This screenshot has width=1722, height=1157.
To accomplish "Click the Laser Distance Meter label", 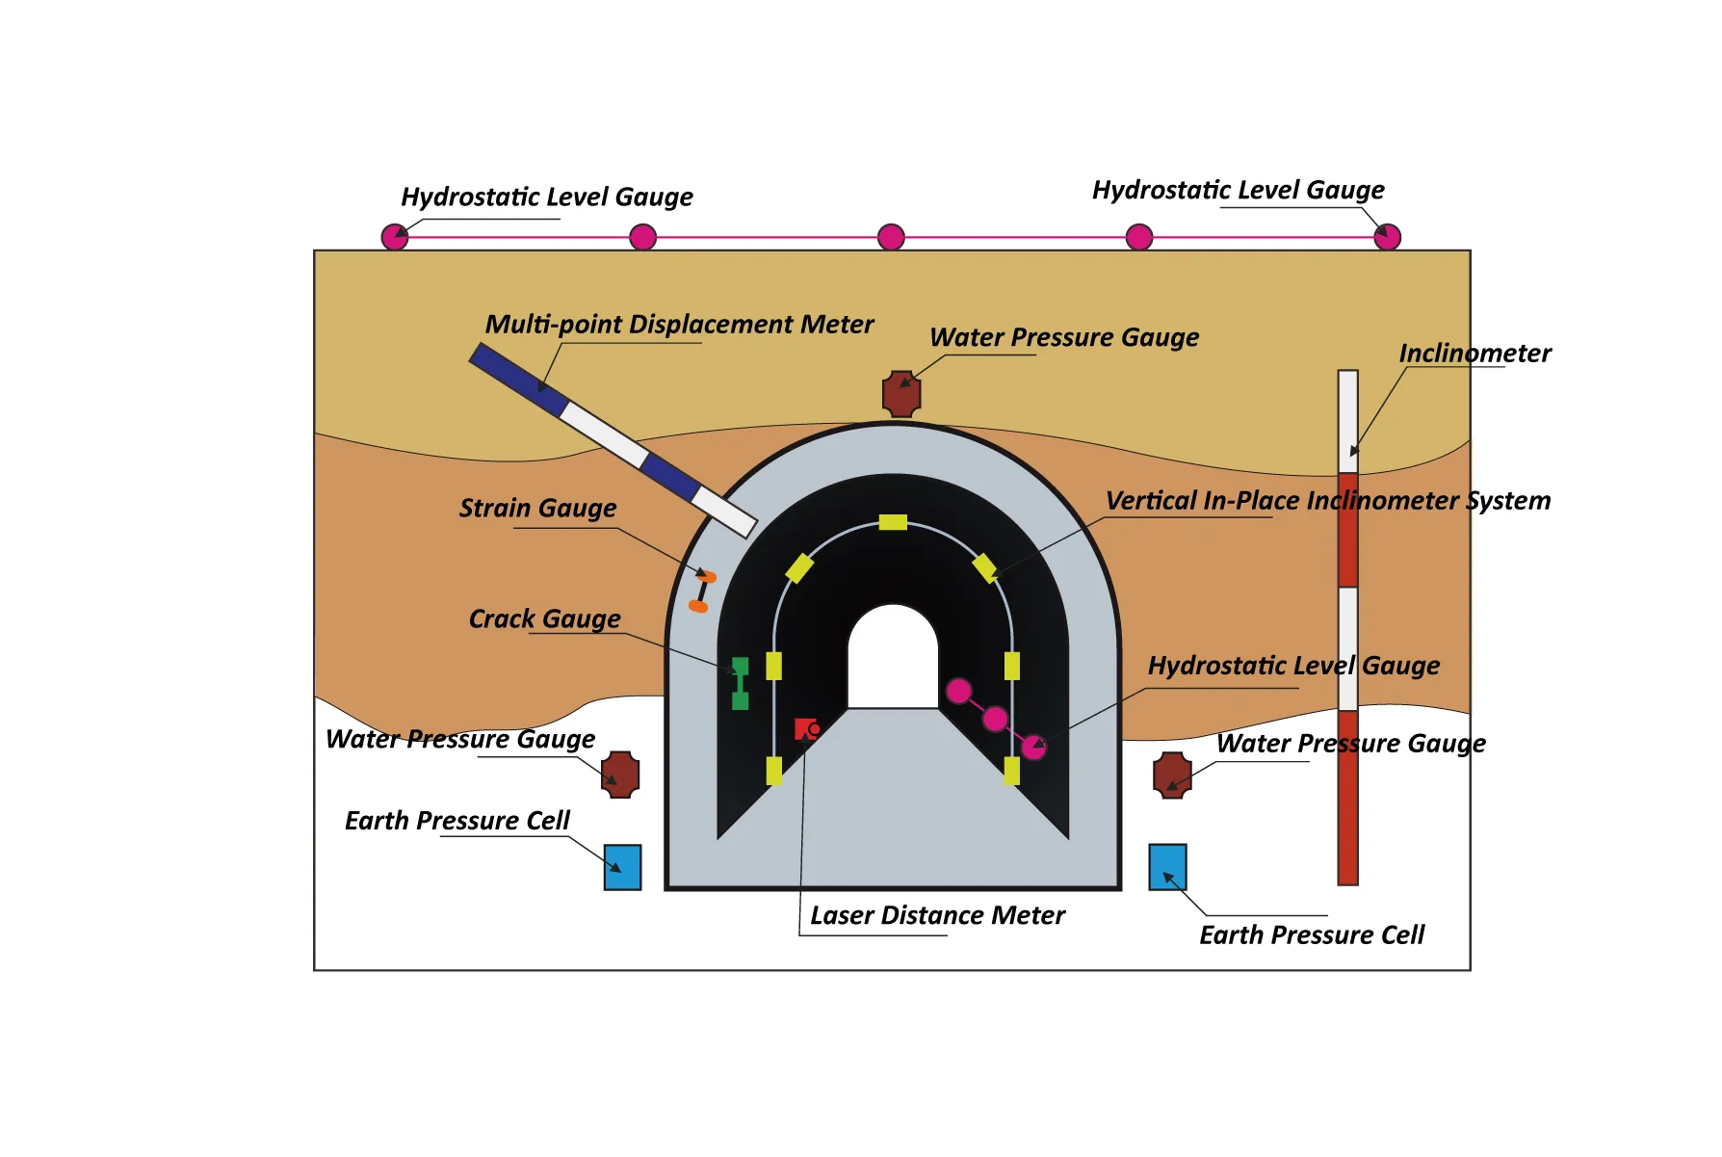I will (937, 915).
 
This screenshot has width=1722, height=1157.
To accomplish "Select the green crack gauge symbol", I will (740, 683).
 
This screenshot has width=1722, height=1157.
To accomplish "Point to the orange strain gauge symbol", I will (702, 592).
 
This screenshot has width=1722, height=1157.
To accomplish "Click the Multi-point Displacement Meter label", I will (679, 325).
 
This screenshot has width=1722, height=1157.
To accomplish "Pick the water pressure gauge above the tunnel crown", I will (901, 394).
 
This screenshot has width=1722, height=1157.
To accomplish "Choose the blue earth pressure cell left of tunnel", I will (622, 867).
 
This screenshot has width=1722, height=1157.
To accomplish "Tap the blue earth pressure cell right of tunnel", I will (1167, 867).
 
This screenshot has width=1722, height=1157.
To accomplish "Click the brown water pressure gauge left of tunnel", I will (620, 775).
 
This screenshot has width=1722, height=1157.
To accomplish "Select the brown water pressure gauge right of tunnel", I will (1172, 775).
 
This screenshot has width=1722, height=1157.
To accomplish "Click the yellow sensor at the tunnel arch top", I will (893, 522).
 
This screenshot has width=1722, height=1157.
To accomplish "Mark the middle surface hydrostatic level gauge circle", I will (891, 237).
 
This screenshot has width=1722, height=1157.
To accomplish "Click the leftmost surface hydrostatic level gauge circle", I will (395, 237).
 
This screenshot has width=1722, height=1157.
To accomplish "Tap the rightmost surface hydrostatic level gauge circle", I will (1387, 237).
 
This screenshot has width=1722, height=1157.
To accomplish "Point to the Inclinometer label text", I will (1474, 354).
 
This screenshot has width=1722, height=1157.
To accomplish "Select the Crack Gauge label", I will (544, 618).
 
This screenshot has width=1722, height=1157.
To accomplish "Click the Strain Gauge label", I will (537, 508).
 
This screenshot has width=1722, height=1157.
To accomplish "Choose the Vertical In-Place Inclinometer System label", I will (1327, 501).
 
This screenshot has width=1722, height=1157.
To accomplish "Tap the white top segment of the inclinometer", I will (1348, 421).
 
